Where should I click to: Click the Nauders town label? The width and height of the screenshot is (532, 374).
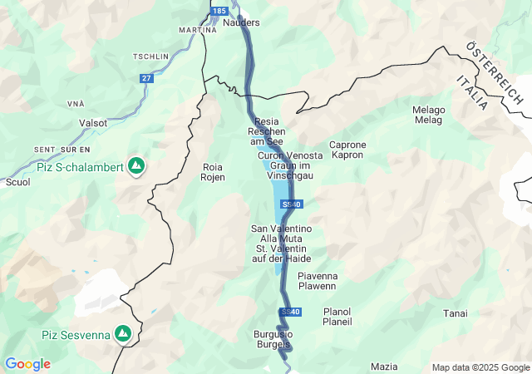[x=242, y=22]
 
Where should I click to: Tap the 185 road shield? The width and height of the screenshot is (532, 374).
[x=219, y=11]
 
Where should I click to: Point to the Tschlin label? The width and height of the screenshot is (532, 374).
[x=150, y=57]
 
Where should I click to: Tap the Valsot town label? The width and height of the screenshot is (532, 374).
[x=92, y=123]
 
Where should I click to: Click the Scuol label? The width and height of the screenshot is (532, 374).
[x=17, y=181]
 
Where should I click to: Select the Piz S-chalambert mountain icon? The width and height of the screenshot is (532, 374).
[x=135, y=166]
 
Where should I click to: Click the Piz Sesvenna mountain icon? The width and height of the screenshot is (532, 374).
[x=123, y=334]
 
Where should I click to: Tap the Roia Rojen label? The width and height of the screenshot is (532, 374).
[x=214, y=172]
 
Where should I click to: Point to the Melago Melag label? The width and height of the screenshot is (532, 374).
[x=428, y=116]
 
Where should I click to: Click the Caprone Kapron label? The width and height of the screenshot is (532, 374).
[x=347, y=150]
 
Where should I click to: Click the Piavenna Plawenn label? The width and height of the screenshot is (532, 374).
[x=317, y=281]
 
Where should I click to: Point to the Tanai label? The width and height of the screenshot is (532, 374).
[x=455, y=313]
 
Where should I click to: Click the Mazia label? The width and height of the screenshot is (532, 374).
[x=384, y=367]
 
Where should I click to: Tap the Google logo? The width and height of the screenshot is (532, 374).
[x=27, y=364]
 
